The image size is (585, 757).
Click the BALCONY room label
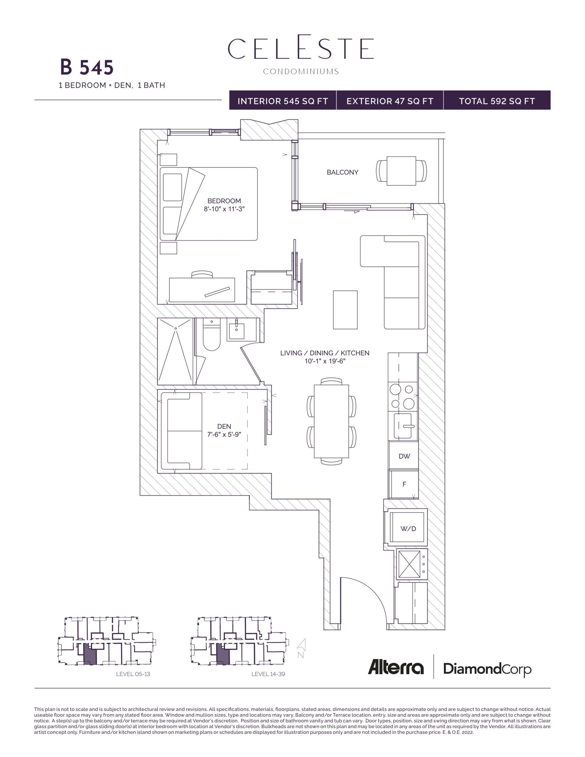342,172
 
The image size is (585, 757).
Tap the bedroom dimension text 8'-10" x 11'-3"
224,209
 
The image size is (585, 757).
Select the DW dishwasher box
404,456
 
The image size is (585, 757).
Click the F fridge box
404,484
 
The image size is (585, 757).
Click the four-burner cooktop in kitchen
402,396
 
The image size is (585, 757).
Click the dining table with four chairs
331,421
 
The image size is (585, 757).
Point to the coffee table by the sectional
345,310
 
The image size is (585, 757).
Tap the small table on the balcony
401,171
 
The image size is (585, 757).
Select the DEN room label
224,426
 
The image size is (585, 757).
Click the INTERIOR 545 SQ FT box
283,101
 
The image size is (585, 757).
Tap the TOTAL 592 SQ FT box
497,101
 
